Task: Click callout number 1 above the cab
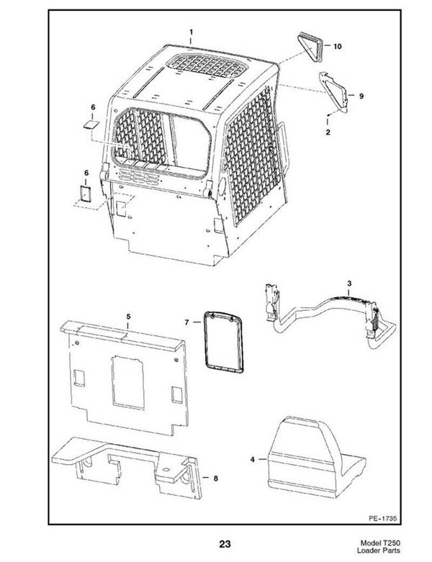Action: point(191,32)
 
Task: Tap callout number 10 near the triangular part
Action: point(338,45)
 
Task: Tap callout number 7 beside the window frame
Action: point(188,322)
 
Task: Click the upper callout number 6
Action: point(91,107)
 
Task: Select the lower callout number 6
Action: point(86,173)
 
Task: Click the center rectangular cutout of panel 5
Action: point(127,377)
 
